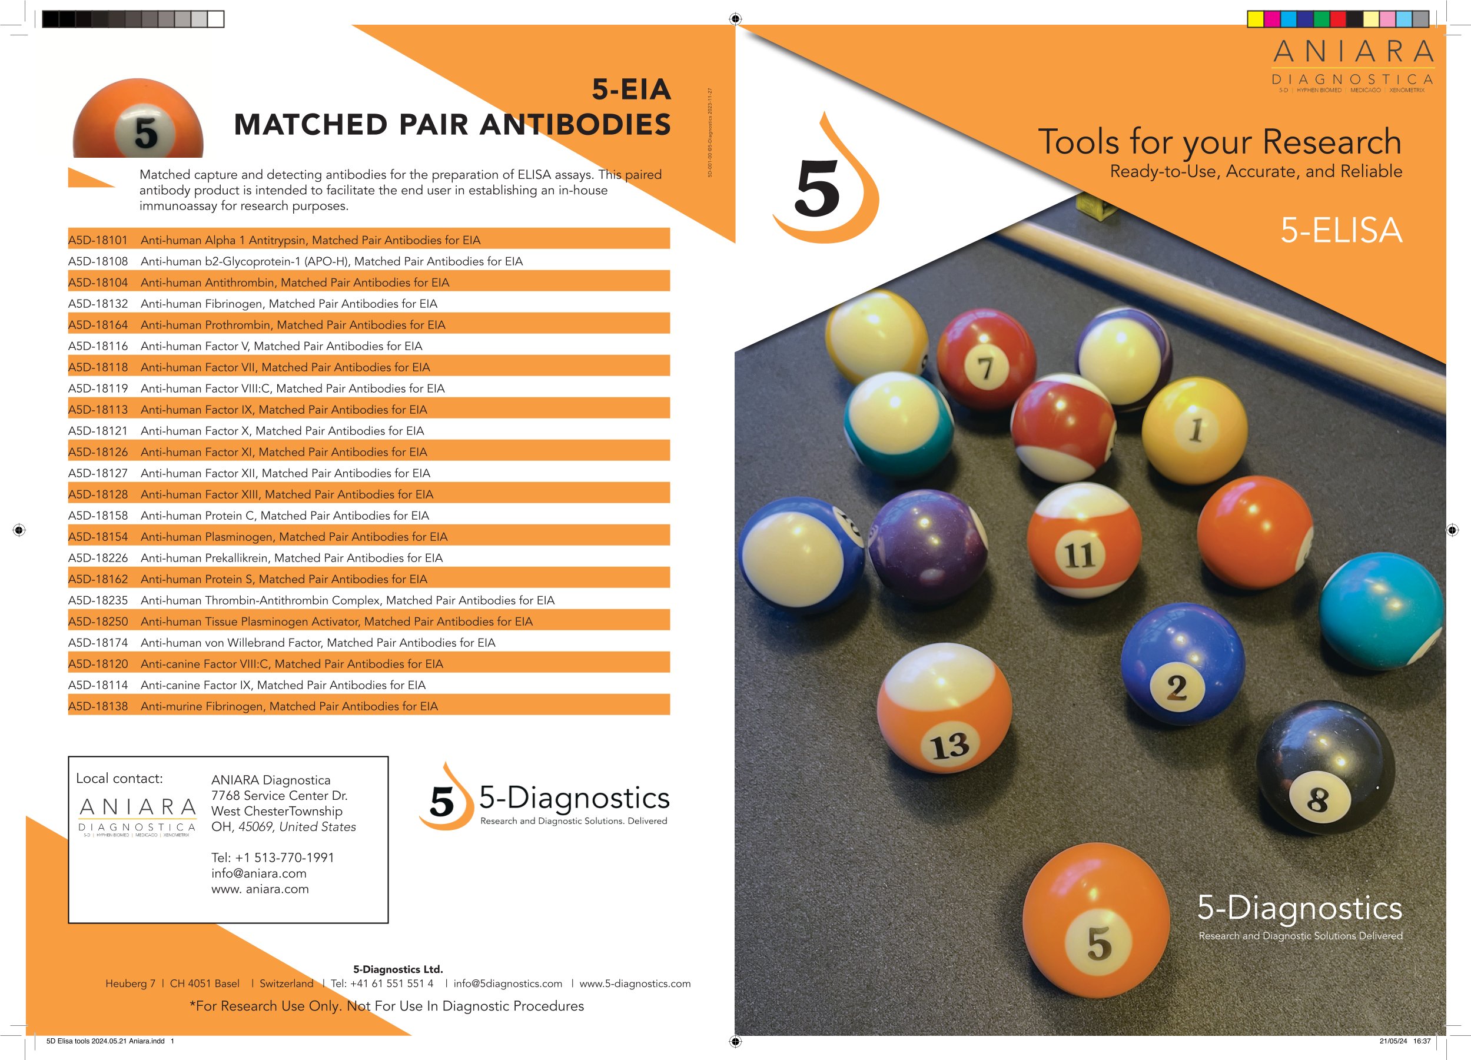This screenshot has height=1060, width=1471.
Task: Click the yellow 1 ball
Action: [1194, 429]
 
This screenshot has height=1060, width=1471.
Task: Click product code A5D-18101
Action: [98, 240]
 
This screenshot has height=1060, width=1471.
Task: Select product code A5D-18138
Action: [98, 706]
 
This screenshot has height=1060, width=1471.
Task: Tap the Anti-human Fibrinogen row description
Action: [288, 304]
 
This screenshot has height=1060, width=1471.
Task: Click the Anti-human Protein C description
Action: [285, 516]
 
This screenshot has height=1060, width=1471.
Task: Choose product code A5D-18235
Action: [98, 600]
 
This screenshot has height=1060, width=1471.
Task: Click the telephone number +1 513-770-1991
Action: [273, 858]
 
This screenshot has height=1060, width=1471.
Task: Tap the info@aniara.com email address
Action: [259, 873]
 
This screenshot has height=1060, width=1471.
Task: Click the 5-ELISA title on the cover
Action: [1342, 230]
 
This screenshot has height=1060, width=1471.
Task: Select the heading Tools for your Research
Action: [1220, 142]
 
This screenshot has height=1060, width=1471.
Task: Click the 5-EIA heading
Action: [631, 89]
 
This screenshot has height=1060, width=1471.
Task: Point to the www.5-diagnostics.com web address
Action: [635, 983]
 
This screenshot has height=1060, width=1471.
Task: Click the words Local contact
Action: [119, 779]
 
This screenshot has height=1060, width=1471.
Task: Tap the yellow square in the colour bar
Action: [1256, 19]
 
